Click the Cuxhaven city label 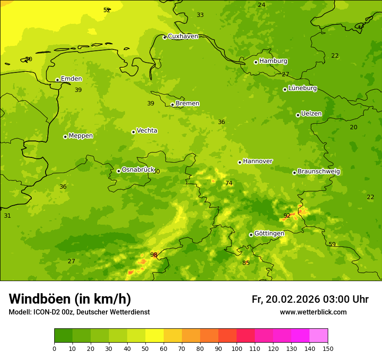tap(183, 36)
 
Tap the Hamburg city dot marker tap(256, 62)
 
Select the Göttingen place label tap(269, 233)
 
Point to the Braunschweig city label tap(319, 172)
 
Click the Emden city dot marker tap(57, 80)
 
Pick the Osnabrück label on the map tap(138, 170)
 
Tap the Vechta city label tap(147, 131)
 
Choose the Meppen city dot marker tap(65, 137)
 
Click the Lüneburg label tap(303, 88)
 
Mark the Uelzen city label tap(311, 114)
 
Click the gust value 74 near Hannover tap(229, 183)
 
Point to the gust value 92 tap(287, 216)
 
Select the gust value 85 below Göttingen tap(246, 263)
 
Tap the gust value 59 tap(332, 244)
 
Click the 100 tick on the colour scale tap(237, 348)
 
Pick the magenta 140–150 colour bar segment tap(319, 336)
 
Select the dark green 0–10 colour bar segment tap(63, 336)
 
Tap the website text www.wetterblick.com tap(313, 312)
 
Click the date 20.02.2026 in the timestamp tap(293, 299)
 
